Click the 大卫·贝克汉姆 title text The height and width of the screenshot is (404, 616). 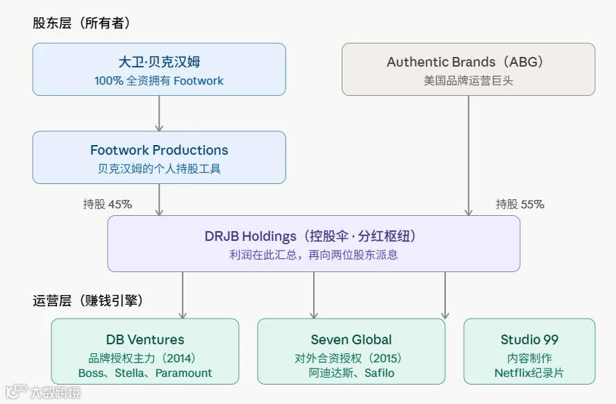[159, 62]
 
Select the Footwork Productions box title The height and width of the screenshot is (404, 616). [159, 150]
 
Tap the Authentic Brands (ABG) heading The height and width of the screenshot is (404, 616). [465, 62]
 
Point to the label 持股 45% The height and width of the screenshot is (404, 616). [108, 204]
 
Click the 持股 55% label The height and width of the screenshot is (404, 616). [519, 204]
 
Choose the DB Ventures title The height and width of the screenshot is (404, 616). [145, 339]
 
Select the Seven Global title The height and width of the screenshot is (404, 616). [351, 339]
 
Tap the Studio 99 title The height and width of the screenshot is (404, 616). [529, 339]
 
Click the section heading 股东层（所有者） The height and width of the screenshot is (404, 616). [81, 23]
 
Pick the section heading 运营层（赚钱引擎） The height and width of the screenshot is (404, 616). [88, 301]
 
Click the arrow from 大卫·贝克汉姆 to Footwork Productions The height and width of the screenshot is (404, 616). [159, 113]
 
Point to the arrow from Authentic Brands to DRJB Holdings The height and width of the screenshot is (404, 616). [468, 155]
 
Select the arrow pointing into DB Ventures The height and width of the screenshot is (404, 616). [183, 295]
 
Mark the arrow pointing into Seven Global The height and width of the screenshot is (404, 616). [313, 295]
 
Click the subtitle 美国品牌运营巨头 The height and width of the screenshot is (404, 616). [468, 81]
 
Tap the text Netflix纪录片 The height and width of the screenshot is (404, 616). [529, 373]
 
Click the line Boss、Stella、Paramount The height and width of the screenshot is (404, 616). [145, 373]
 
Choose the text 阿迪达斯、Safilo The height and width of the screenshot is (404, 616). [351, 373]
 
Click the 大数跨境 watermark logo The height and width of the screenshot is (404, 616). [43, 392]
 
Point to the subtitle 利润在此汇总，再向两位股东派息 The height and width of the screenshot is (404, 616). [313, 255]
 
